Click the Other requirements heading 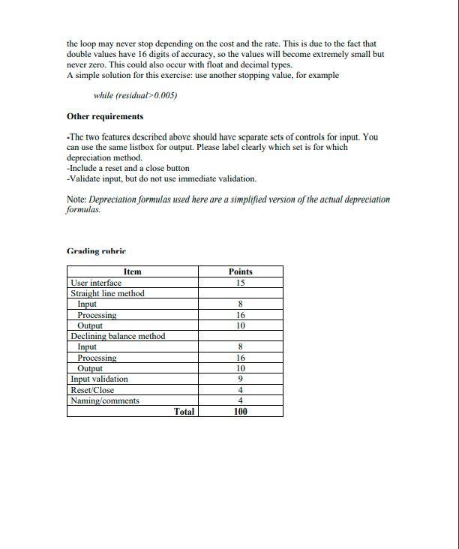(x=105, y=116)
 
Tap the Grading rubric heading (x=96, y=251)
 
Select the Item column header (x=132, y=271)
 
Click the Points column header (x=240, y=271)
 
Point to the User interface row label (x=96, y=283)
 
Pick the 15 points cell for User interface (x=240, y=283)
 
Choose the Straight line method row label (x=107, y=293)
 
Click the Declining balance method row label (x=118, y=336)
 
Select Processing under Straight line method (x=97, y=315)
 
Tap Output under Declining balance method (x=90, y=368)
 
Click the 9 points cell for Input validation (x=240, y=379)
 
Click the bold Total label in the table (x=184, y=411)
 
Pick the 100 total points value (x=240, y=411)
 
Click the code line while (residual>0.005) (x=135, y=95)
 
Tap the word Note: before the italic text (x=76, y=199)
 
